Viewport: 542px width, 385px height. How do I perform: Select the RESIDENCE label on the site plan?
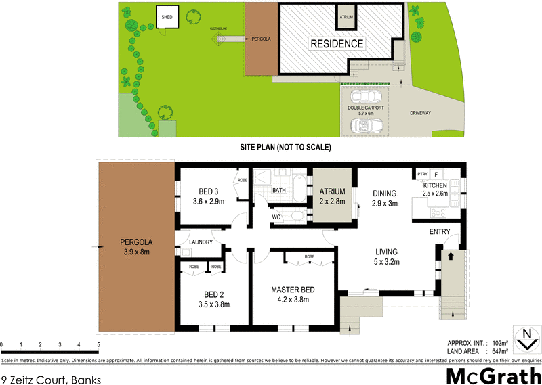pos(337,44)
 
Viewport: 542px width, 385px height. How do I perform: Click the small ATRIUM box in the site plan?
pos(346,17)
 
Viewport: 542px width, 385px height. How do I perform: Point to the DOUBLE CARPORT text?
pos(366,108)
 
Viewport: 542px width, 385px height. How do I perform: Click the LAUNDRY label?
pos(202,242)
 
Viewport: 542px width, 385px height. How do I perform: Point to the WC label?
pos(276,217)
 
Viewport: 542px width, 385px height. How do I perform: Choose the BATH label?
pos(279,191)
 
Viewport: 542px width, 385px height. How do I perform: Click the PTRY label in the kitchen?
pos(423,175)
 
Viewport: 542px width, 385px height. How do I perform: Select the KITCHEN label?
pos(435,185)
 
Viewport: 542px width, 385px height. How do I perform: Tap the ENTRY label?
pos(440,232)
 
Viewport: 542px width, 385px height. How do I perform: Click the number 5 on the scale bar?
pos(99,344)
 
